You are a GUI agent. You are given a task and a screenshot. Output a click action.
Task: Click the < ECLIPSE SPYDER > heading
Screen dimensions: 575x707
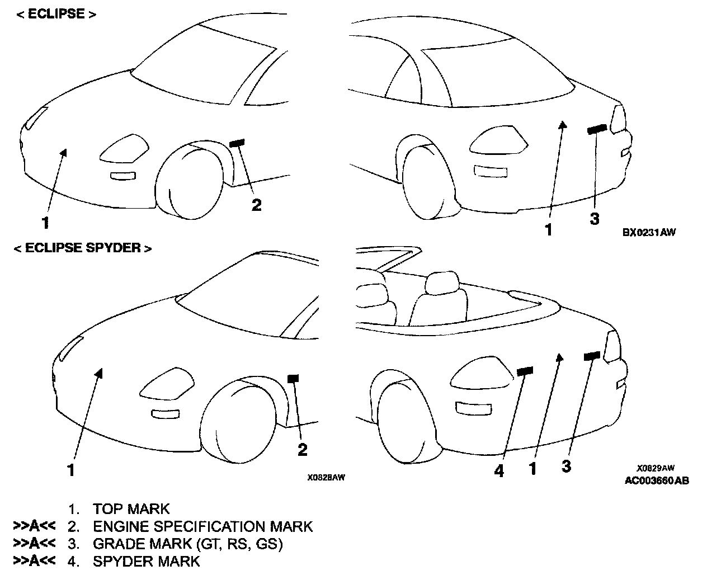83,248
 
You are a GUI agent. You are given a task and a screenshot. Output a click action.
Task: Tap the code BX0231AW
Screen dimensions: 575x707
648,232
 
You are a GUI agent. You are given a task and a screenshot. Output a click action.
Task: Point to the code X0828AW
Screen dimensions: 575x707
326,478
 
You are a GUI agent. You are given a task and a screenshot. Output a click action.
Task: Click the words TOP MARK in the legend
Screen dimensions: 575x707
131,509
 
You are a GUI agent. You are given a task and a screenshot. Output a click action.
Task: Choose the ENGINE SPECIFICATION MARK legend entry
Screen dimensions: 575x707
202,526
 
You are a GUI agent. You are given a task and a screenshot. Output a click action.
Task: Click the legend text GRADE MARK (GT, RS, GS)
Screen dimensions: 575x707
187,544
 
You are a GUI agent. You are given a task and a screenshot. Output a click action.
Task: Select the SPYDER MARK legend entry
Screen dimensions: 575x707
146,561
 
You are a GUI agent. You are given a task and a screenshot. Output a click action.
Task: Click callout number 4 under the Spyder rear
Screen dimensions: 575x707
499,472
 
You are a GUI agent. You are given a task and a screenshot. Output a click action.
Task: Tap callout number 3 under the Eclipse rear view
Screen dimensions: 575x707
595,219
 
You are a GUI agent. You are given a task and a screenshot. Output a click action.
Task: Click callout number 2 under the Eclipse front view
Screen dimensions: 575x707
256,205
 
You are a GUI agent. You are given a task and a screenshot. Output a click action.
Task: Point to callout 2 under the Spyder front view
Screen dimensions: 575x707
303,449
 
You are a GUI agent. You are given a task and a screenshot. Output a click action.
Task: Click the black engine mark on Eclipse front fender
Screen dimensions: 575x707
237,143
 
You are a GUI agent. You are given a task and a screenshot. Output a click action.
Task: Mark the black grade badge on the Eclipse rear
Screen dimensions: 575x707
597,129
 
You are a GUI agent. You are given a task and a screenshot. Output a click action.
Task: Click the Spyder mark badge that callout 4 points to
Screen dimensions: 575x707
525,370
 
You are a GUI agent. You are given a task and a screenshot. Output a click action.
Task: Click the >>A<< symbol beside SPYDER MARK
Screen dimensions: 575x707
35,561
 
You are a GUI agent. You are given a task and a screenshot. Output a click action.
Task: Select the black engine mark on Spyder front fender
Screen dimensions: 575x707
293,378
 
